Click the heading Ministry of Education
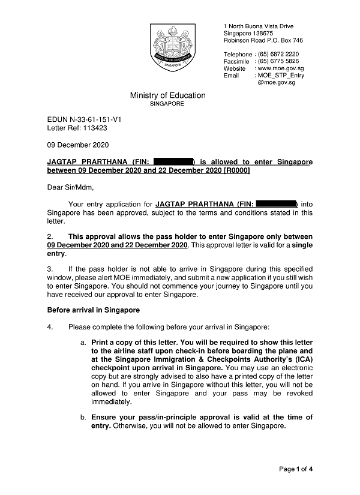[167, 95]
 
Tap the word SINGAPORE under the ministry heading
[167, 104]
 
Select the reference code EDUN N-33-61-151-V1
[84, 119]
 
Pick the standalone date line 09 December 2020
[78, 145]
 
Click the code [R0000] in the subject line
[236, 170]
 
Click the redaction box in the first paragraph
[276, 204]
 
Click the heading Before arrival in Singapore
[93, 310]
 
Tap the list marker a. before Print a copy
[83, 341]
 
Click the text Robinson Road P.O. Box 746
[263, 40]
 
